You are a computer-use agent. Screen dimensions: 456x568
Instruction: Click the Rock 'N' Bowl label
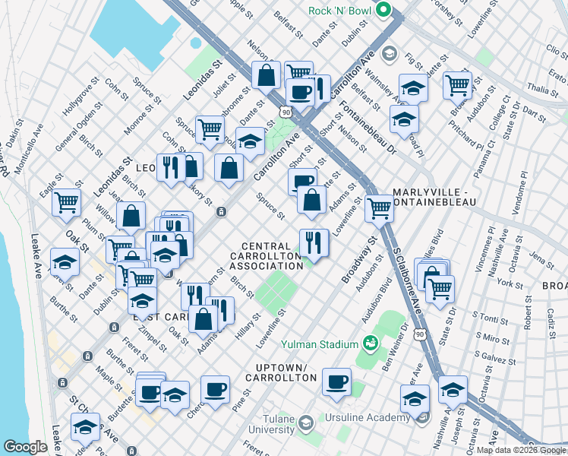point(340,11)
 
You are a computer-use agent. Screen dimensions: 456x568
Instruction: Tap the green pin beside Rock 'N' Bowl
point(383,11)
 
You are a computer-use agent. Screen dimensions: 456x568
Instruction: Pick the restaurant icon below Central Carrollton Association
point(314,242)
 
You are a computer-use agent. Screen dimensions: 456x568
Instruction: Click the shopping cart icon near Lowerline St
point(379,207)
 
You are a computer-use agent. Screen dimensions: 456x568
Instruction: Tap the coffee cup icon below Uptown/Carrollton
point(336,381)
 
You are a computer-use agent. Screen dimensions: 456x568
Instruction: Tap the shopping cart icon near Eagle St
point(67,202)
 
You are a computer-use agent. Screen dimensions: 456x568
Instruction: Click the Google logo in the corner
point(26,447)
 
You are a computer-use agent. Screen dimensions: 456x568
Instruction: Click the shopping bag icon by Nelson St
point(267,74)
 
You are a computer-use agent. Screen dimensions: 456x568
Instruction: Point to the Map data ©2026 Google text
point(520,450)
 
